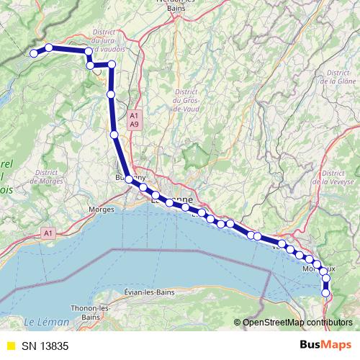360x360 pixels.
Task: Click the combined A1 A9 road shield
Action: point(134,120)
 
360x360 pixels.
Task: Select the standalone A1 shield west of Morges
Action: point(48,233)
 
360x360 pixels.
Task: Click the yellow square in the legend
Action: point(10,346)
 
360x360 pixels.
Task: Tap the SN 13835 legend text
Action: point(45,346)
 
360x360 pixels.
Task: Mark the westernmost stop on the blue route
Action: point(33,53)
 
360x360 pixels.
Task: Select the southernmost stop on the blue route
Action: point(326,292)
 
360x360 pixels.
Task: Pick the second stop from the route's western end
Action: point(49,48)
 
